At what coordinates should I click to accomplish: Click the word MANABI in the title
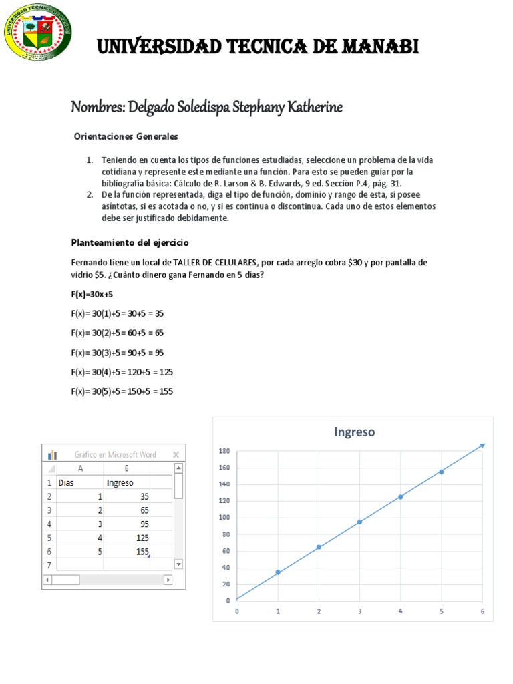tap(379, 47)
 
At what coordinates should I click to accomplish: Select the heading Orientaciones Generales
tap(126, 136)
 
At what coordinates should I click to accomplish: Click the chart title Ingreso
tap(355, 432)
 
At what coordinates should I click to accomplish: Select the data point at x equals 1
tap(278, 572)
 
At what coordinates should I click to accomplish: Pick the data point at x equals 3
tap(360, 522)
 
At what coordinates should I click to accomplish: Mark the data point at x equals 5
tap(442, 472)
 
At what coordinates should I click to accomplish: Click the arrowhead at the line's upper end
tap(482, 445)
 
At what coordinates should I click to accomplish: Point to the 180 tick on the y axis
tap(224, 452)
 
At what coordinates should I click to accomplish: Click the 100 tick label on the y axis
tap(224, 518)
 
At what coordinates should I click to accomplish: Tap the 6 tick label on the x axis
tap(482, 611)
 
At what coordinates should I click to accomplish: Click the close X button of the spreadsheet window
tap(177, 454)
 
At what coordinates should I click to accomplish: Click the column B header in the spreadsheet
tap(126, 468)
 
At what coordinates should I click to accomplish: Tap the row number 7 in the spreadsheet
tap(49, 565)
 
